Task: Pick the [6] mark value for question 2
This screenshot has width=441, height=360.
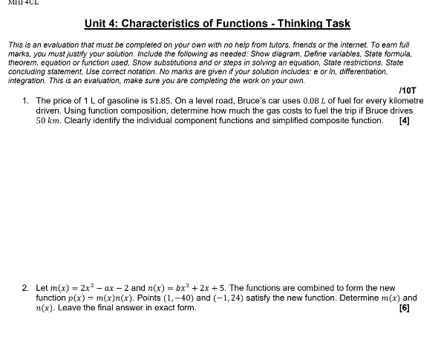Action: click(404, 307)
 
